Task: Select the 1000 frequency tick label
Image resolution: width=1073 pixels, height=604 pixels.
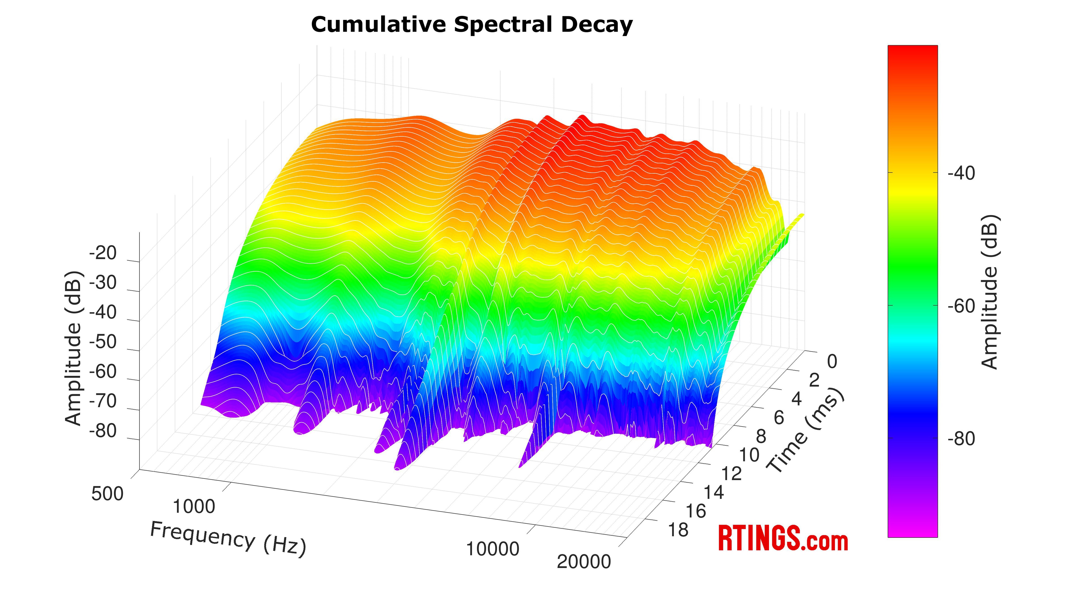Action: [x=194, y=507]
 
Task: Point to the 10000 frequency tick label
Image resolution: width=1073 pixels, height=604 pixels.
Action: [x=492, y=549]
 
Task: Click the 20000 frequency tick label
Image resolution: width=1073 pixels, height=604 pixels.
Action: [x=583, y=562]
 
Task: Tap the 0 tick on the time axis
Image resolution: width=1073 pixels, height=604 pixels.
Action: [x=832, y=362]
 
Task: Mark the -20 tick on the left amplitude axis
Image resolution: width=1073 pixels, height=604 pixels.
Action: [x=103, y=253]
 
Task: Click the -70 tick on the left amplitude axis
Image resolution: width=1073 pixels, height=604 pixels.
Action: [x=103, y=402]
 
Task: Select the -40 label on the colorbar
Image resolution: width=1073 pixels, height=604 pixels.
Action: [x=961, y=173]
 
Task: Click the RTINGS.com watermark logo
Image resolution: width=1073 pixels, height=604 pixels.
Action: [x=783, y=539]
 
